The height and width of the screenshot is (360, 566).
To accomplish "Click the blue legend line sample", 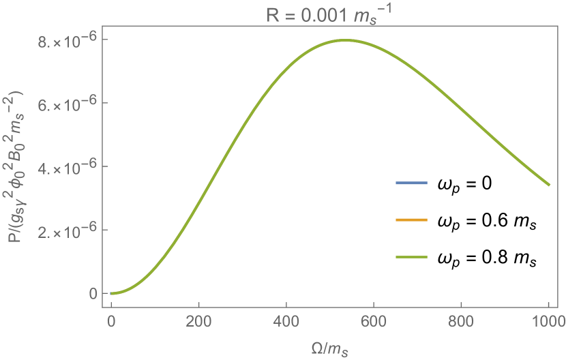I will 411,183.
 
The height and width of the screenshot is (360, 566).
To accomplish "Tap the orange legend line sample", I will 411,220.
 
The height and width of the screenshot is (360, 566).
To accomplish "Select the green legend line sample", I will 411,257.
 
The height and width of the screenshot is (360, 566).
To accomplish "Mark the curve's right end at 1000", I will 549,185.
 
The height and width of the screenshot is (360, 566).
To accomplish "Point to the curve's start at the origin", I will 111,293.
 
